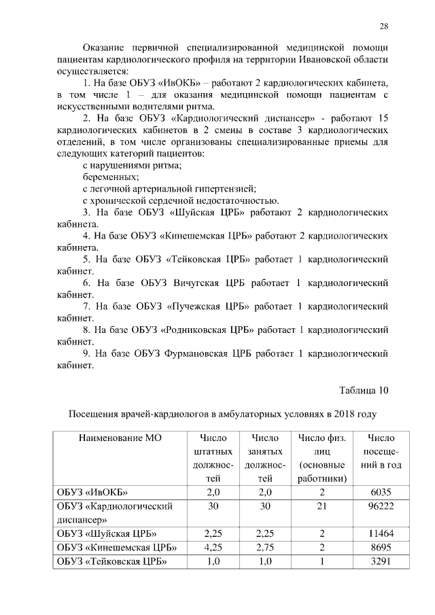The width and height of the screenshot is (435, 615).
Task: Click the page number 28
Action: click(383, 26)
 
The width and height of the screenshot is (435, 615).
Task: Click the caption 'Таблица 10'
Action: click(364, 389)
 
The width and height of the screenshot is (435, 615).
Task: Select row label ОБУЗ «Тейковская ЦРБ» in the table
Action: click(112, 561)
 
